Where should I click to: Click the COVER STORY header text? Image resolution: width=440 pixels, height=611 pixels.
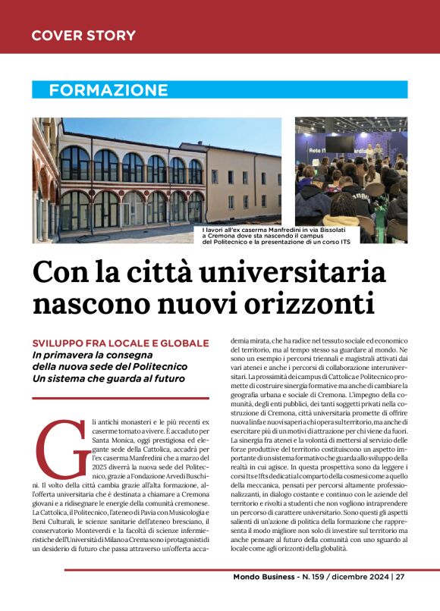pos(83,36)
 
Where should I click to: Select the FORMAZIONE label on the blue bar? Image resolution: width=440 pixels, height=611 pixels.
pos(108,90)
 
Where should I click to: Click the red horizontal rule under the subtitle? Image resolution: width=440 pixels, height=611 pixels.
pos(121,397)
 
